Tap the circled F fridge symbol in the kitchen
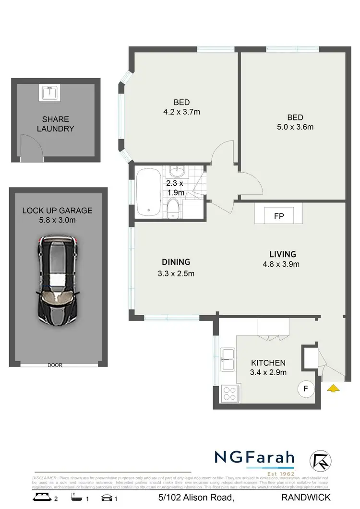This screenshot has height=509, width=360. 305,388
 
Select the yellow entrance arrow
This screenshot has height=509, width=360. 332,388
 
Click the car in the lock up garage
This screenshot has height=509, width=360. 58,279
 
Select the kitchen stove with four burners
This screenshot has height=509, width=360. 229,394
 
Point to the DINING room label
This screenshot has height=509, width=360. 176,262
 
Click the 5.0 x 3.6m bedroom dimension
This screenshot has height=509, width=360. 295,127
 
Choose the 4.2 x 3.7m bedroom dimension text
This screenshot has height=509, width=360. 181,112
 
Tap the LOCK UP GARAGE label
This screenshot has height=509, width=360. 57,211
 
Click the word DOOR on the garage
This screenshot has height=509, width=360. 55,365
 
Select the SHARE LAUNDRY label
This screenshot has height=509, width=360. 56,124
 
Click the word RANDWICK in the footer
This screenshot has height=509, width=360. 306,498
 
